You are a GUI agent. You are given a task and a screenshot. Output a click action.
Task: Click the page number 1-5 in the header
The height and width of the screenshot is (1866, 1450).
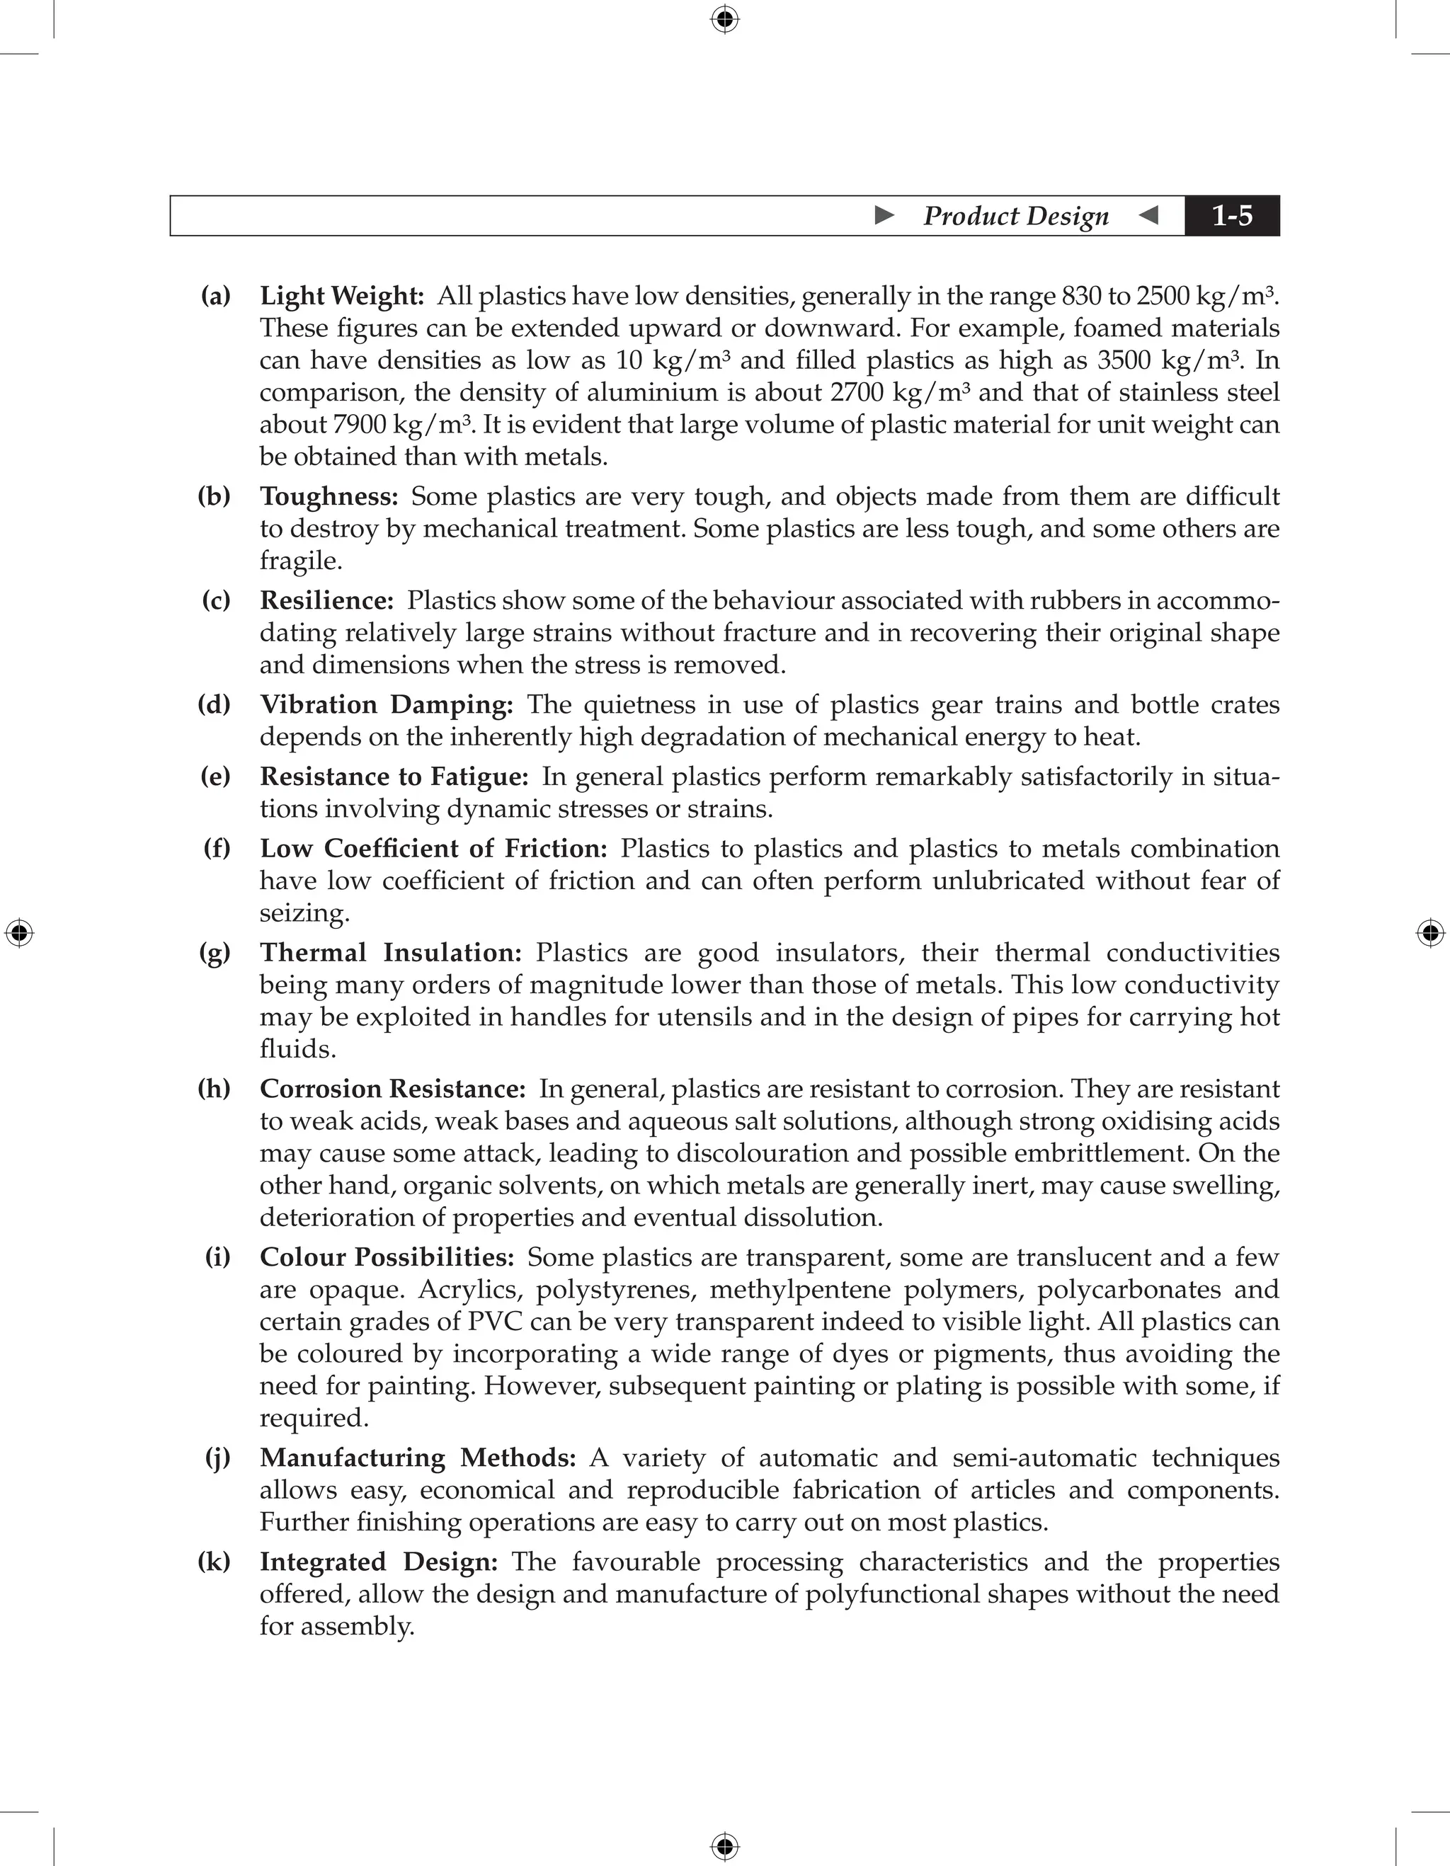[x=1231, y=216]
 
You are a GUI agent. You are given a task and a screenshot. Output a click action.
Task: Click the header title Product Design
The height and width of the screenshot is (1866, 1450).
[x=1015, y=216]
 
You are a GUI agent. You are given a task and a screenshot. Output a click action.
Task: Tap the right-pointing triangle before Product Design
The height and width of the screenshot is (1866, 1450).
[x=885, y=215]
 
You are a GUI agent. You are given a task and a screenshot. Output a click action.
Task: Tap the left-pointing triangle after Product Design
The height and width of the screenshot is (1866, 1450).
[x=1149, y=215]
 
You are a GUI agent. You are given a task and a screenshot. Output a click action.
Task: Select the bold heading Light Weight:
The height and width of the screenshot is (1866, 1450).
[x=342, y=297]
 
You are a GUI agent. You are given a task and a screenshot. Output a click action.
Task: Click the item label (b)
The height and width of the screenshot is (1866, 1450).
[x=215, y=496]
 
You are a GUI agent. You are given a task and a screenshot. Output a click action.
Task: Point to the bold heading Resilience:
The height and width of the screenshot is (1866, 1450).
[x=326, y=600]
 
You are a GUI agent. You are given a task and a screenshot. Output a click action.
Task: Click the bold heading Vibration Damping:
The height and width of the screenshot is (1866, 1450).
[x=386, y=705]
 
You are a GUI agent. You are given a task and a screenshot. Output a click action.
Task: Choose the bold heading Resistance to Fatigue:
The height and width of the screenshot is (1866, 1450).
[x=394, y=777]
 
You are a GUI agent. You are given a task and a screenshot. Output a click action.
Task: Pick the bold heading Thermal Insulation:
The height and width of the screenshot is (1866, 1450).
[x=391, y=953]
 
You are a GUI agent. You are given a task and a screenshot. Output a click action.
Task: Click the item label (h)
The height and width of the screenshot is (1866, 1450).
[x=215, y=1089]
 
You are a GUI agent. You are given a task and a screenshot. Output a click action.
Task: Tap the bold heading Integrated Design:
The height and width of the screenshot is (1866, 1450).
[x=379, y=1562]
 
